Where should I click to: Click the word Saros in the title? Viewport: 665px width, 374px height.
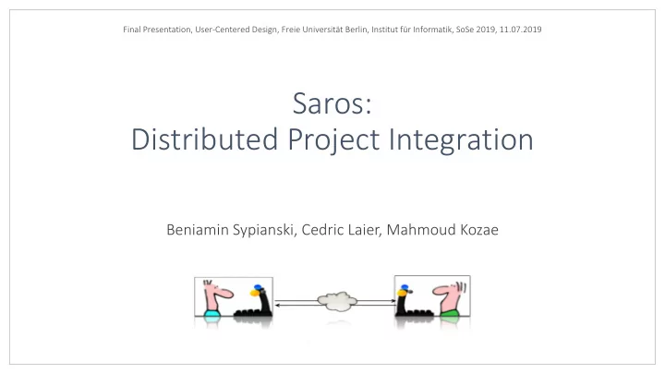click(x=332, y=103)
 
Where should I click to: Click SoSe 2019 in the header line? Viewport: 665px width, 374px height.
click(x=473, y=30)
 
